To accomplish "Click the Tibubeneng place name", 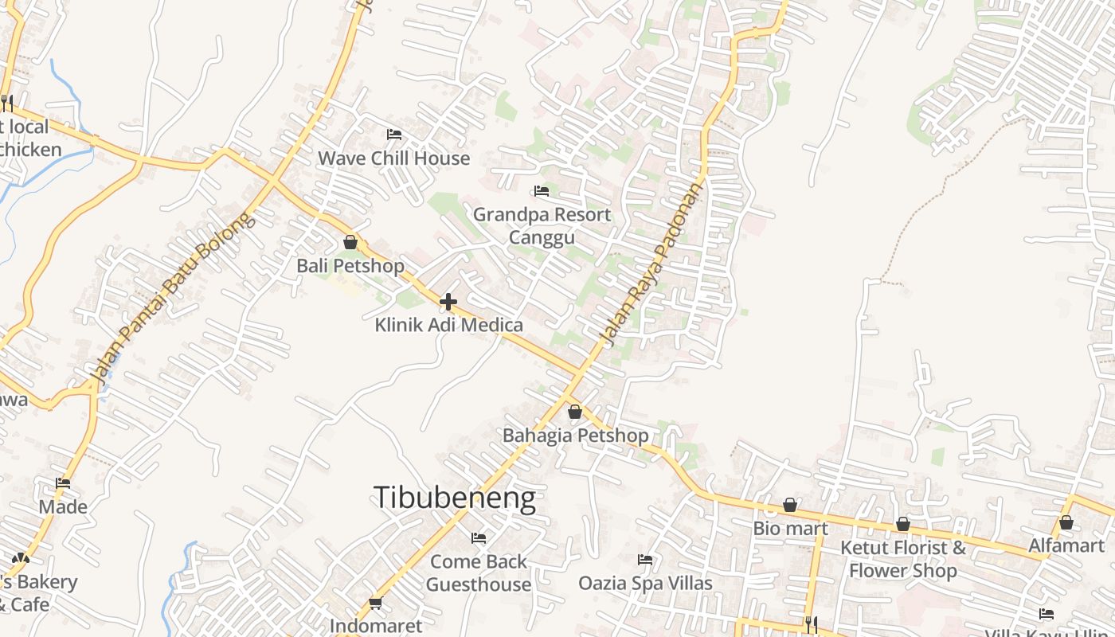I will pyautogui.click(x=454, y=498).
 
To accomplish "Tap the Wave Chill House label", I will pyautogui.click(x=393, y=158).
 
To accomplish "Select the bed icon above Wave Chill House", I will pyautogui.click(x=393, y=134).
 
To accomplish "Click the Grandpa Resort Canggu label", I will pyautogui.click(x=542, y=225).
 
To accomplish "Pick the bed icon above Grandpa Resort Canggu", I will pyautogui.click(x=542, y=191).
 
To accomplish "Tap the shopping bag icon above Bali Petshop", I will pyautogui.click(x=350, y=242).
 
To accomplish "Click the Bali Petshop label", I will pyautogui.click(x=350, y=265).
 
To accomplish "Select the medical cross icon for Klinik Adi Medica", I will pyautogui.click(x=448, y=302).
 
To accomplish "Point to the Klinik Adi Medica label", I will pyautogui.click(x=448, y=325).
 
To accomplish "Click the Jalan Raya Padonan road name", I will pyautogui.click(x=653, y=265).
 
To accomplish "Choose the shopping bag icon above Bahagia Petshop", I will pyautogui.click(x=575, y=412).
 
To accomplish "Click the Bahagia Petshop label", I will pyautogui.click(x=575, y=436).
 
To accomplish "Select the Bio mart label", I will pyautogui.click(x=790, y=528).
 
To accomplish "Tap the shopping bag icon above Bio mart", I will pyautogui.click(x=790, y=505).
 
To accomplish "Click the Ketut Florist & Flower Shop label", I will pyautogui.click(x=903, y=559).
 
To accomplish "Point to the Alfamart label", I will pyautogui.click(x=1066, y=545).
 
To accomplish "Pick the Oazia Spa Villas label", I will pyautogui.click(x=645, y=583).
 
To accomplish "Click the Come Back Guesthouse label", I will pyautogui.click(x=478, y=573).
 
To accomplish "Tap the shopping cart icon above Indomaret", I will pyautogui.click(x=375, y=603).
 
